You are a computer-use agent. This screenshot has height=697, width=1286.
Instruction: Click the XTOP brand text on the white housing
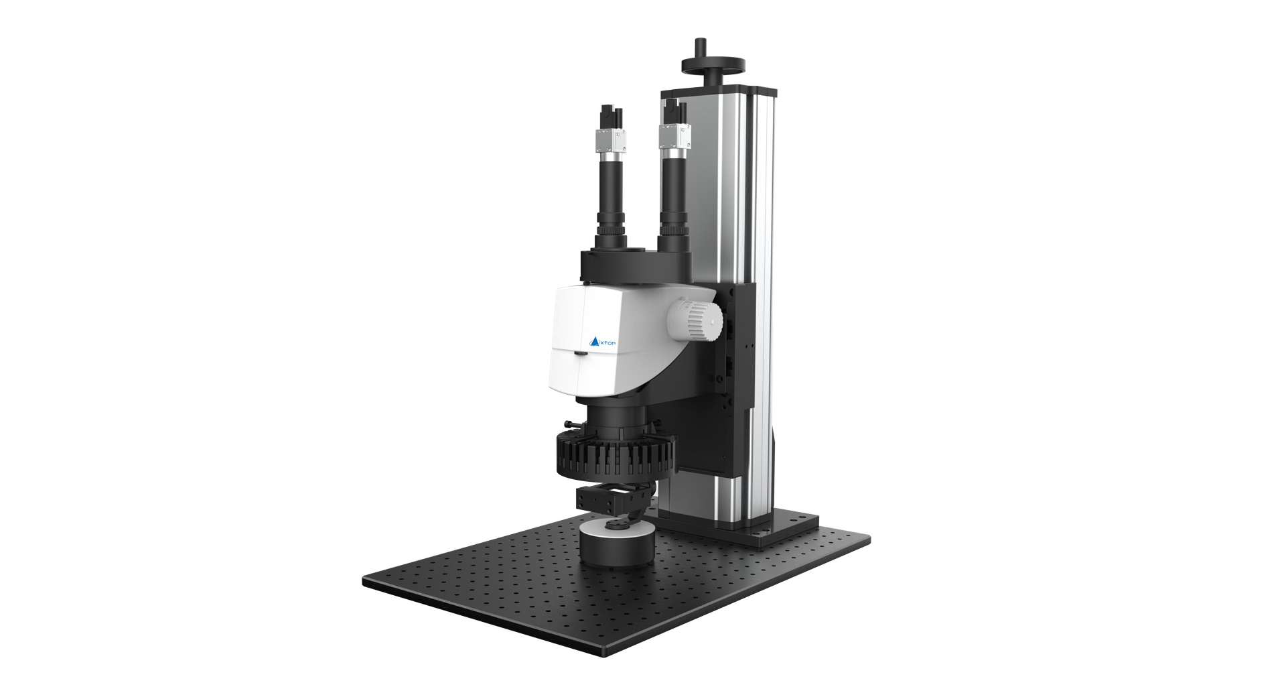click(608, 343)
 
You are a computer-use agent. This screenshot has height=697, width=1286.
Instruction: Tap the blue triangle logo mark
click(593, 343)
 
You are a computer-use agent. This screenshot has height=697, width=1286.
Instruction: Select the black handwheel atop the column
click(714, 62)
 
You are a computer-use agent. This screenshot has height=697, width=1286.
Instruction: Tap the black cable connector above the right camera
click(675, 111)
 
